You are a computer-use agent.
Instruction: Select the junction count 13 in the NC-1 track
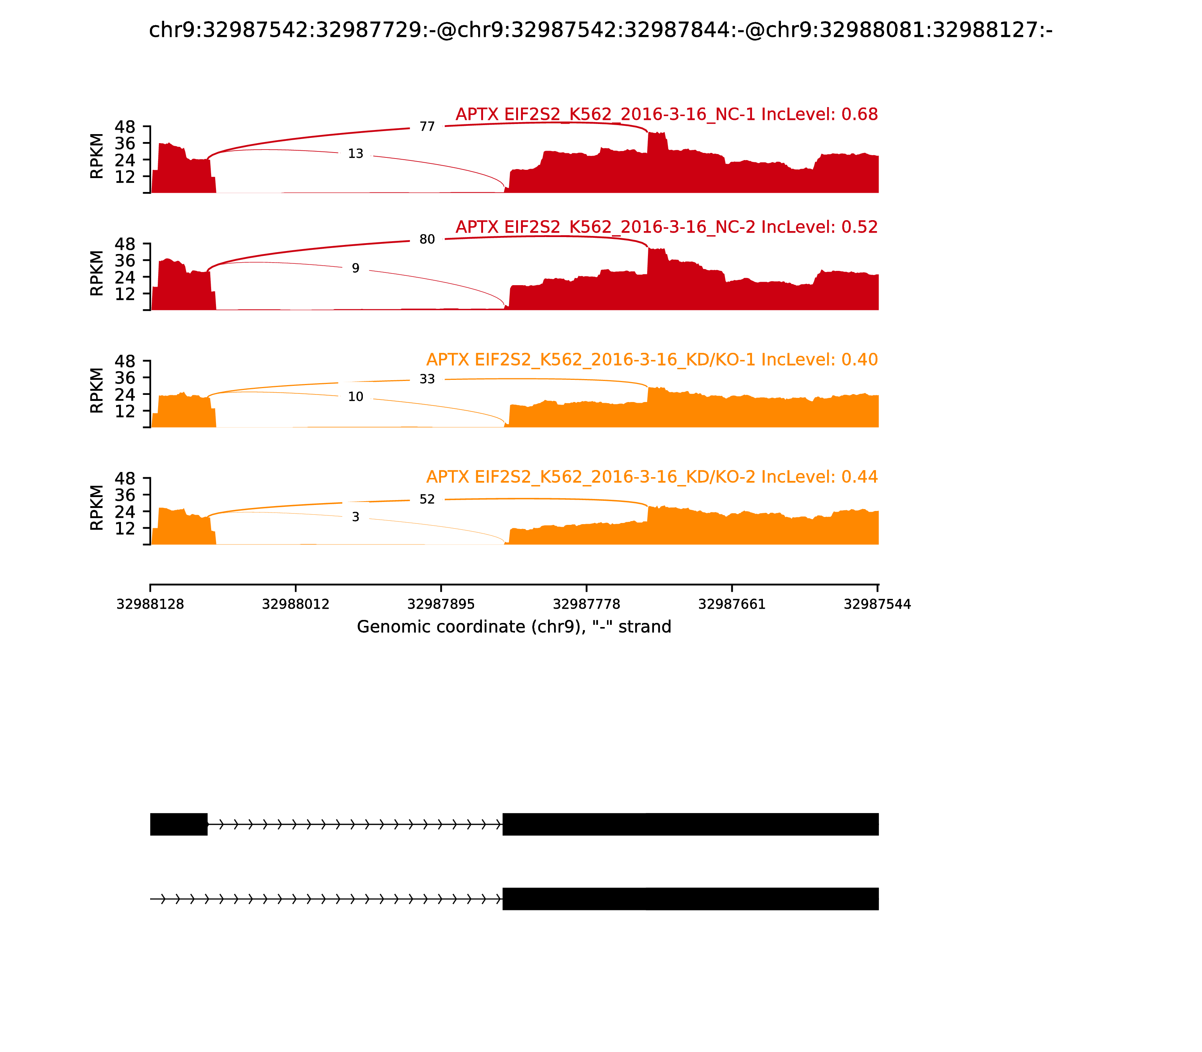coord(356,154)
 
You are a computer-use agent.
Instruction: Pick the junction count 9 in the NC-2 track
coord(356,268)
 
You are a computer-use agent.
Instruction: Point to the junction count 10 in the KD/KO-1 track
coord(356,397)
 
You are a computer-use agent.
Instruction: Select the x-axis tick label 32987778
coord(586,604)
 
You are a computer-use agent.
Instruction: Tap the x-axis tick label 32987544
coord(877,604)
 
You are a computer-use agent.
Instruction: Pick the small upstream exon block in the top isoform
coord(178,824)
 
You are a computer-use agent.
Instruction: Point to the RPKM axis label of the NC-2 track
coord(97,273)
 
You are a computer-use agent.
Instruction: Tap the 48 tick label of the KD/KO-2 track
coord(124,478)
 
